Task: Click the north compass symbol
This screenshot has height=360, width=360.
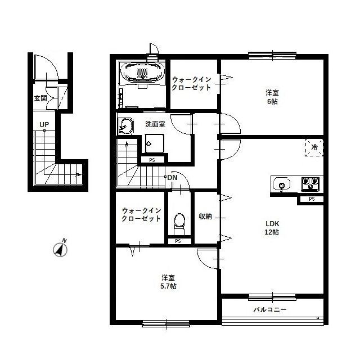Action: pyautogui.click(x=60, y=249)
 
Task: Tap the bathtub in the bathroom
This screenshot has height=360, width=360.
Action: pyautogui.click(x=143, y=71)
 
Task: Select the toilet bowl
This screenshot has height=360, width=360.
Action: pyautogui.click(x=179, y=224)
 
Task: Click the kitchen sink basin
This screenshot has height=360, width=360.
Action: pyautogui.click(x=281, y=184)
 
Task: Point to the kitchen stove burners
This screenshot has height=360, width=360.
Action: pyautogui.click(x=311, y=183)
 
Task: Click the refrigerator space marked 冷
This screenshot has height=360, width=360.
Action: pyautogui.click(x=314, y=147)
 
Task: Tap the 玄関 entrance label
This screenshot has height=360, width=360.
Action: pyautogui.click(x=40, y=98)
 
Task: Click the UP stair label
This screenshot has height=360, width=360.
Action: pyautogui.click(x=44, y=125)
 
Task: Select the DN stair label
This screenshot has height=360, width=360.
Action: pyautogui.click(x=173, y=178)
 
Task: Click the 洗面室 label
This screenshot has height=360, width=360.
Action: pyautogui.click(x=155, y=124)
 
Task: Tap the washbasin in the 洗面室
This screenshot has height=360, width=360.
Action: pyautogui.click(x=126, y=126)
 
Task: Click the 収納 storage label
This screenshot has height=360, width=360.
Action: pyautogui.click(x=205, y=216)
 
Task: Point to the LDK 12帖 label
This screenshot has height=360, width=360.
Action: pyautogui.click(x=272, y=228)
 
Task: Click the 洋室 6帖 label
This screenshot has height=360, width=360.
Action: pyautogui.click(x=272, y=97)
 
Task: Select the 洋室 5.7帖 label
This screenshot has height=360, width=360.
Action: pyautogui.click(x=168, y=282)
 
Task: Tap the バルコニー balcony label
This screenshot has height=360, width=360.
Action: pyautogui.click(x=270, y=310)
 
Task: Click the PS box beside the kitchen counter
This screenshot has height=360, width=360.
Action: pyautogui.click(x=312, y=199)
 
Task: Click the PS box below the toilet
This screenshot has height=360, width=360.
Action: pyautogui.click(x=178, y=241)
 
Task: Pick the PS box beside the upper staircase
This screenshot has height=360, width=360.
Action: pyautogui.click(x=152, y=160)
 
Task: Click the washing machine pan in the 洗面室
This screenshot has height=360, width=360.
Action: pyautogui.click(x=155, y=143)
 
